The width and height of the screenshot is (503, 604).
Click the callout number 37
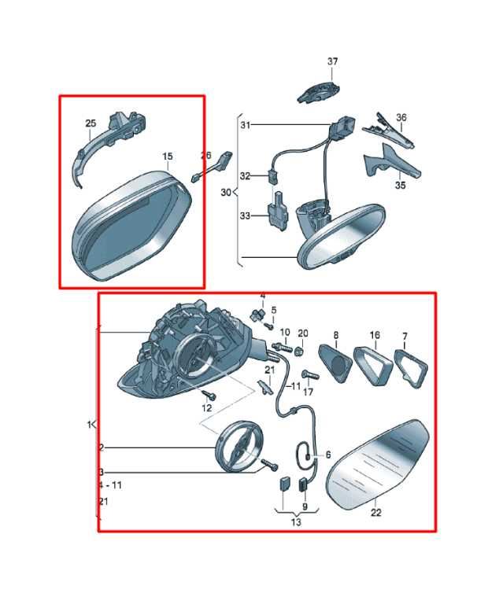(333, 61)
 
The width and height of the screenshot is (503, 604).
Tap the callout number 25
(91, 123)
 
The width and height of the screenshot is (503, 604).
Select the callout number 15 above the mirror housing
(168, 157)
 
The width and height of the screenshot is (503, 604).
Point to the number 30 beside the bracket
(226, 192)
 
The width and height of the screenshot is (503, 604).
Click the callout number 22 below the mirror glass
(375, 512)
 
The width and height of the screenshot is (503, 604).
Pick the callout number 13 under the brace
(296, 522)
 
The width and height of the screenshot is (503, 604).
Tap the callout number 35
(401, 186)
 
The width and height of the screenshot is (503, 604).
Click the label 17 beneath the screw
(309, 392)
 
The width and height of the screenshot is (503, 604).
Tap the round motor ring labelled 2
(239, 446)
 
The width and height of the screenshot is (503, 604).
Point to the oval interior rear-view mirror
(342, 236)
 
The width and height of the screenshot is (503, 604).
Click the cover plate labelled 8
(335, 363)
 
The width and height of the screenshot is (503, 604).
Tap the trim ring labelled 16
(372, 366)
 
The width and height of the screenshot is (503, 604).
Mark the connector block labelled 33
(279, 212)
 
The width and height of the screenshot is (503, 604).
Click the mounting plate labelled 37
(318, 91)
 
